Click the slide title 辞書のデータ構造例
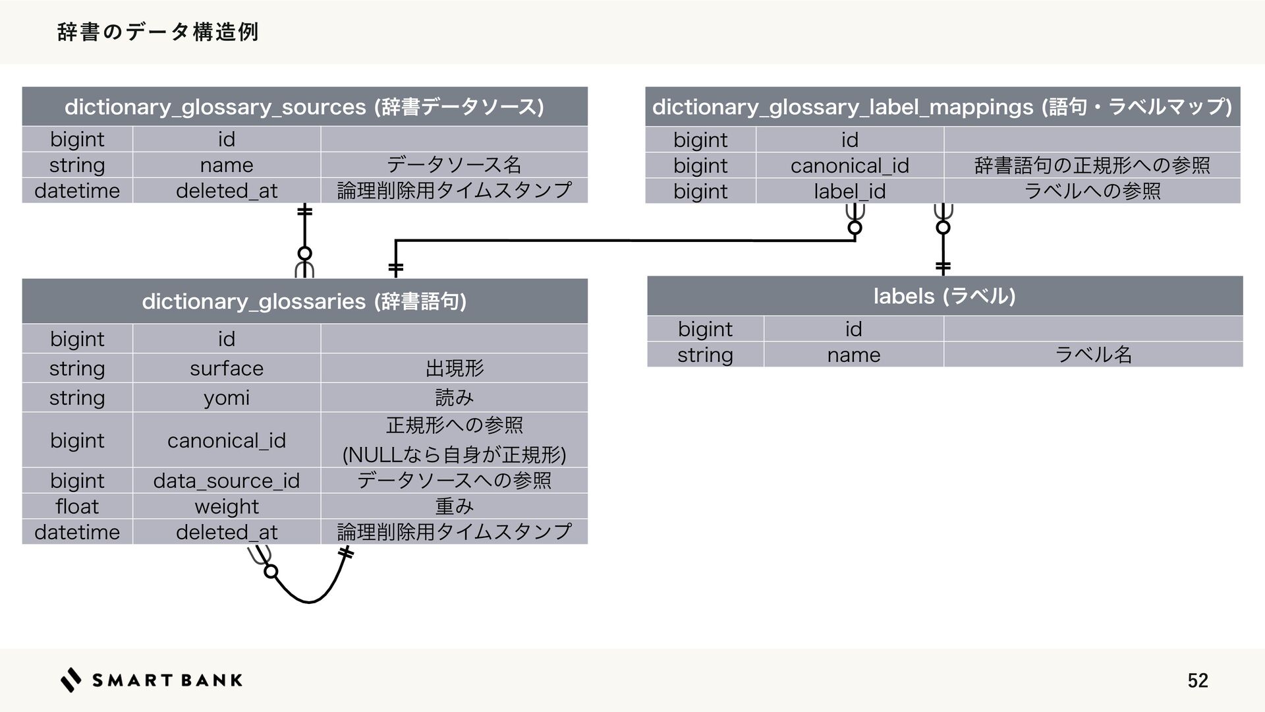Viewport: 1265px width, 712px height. tap(158, 32)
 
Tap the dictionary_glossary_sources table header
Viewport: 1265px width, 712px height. tap(304, 107)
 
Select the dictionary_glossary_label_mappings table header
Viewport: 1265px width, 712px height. tap(942, 107)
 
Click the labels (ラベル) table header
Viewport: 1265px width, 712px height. tap(944, 296)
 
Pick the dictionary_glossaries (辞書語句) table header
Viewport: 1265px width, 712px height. tap(304, 301)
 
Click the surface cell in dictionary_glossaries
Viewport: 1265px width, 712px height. tap(227, 368)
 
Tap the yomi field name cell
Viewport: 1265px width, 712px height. tap(227, 398)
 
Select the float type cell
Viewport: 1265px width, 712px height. tap(77, 506)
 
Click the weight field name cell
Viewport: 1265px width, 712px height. tap(227, 506)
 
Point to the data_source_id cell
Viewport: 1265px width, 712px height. tap(227, 481)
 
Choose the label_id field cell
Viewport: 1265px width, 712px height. tap(849, 191)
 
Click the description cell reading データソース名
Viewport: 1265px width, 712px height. tap(454, 165)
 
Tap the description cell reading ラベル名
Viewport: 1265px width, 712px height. tap(1093, 355)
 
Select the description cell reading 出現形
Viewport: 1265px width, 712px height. tap(454, 368)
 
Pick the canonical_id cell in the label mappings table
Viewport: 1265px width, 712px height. tap(849, 165)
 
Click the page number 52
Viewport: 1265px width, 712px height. tap(1197, 680)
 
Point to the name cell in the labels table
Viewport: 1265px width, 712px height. tap(853, 355)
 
